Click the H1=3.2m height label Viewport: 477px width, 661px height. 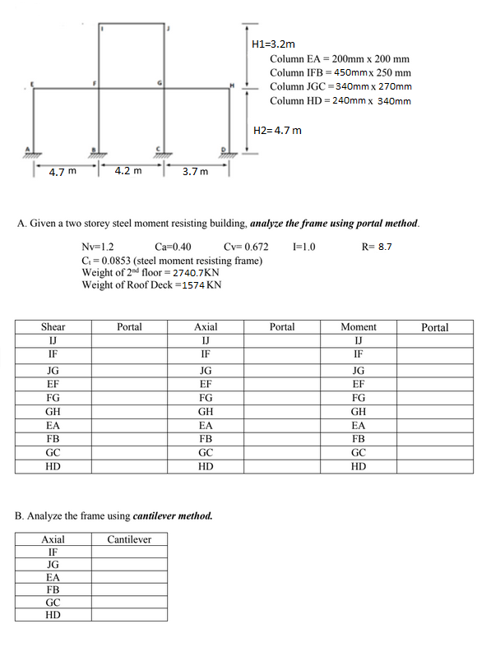coord(272,44)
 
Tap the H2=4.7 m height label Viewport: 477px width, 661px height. coord(277,130)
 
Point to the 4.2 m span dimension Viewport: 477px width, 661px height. coord(127,171)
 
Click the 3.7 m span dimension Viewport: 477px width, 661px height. coord(195,172)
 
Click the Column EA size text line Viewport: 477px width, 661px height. coord(339,59)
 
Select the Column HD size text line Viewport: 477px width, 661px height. coord(340,100)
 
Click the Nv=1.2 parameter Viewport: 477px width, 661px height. coord(98,246)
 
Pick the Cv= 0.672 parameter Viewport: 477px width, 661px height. coord(245,246)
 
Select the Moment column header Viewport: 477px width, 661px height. coord(359,326)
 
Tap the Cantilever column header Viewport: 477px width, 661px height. coord(129,539)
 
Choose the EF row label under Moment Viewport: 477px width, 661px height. coord(359,382)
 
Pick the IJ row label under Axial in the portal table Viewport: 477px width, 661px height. coord(206,340)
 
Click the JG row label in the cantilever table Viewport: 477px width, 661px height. coord(53,565)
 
